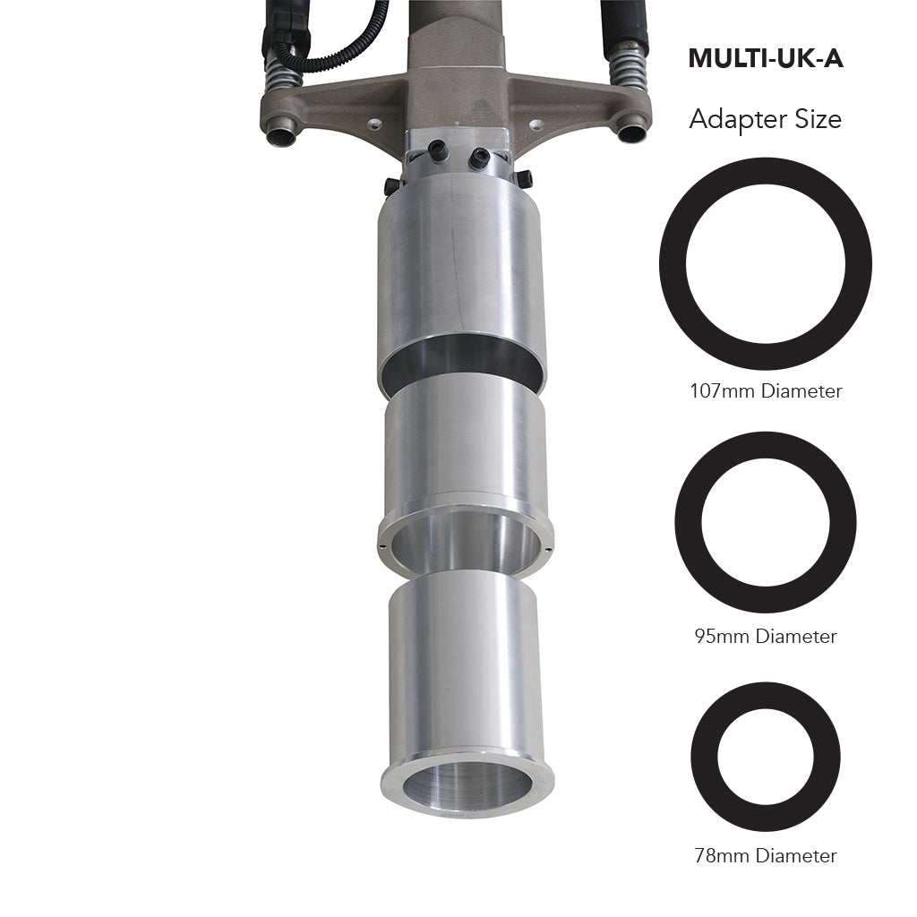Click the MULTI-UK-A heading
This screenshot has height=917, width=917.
pyautogui.click(x=765, y=59)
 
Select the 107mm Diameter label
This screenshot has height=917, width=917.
pyautogui.click(x=765, y=391)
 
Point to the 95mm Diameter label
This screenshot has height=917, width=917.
pyautogui.click(x=765, y=637)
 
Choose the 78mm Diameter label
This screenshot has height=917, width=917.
pyautogui.click(x=765, y=855)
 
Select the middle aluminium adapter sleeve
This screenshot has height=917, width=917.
pyautogui.click(x=464, y=448)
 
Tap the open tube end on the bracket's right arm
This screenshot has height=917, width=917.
pyautogui.click(x=631, y=133)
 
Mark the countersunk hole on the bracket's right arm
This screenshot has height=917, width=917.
pyautogui.click(x=535, y=125)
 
